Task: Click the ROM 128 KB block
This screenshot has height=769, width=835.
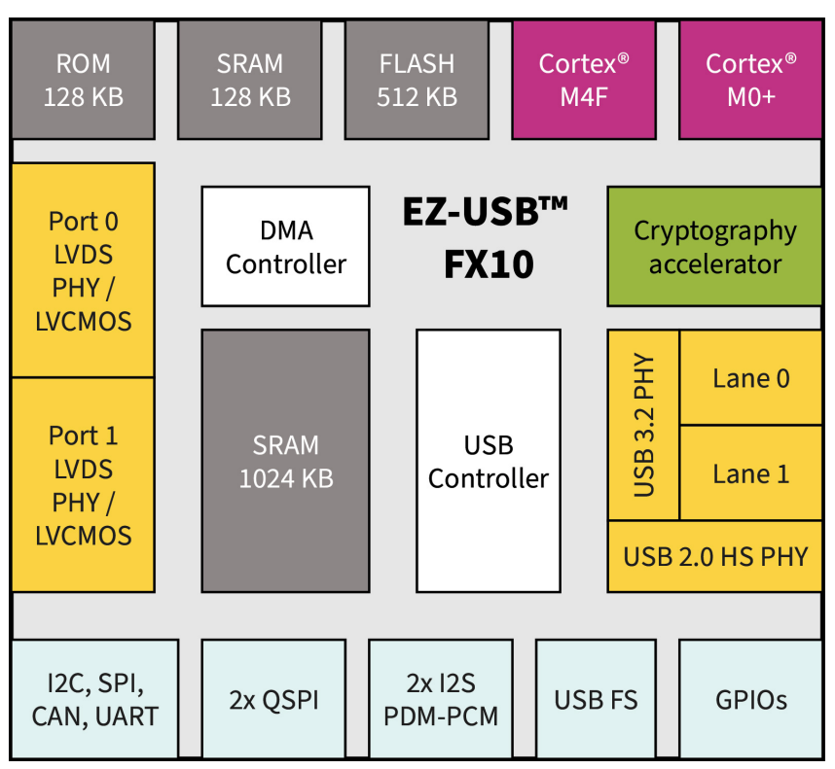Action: tap(83, 80)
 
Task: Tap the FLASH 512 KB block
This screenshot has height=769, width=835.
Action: tap(417, 80)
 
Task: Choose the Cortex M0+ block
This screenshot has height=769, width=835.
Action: tap(750, 80)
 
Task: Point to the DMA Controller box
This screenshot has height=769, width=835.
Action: tap(285, 247)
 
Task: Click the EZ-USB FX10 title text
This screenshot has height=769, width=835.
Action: tap(488, 238)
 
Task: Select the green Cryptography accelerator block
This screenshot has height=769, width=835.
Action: tap(714, 247)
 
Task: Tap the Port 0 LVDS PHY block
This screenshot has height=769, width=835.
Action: tap(83, 270)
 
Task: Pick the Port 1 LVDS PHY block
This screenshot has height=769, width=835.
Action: tap(83, 484)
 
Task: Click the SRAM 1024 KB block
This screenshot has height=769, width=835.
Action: tap(285, 461)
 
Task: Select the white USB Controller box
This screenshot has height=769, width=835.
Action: tap(488, 461)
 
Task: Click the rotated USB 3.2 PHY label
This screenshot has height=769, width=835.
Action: tap(643, 426)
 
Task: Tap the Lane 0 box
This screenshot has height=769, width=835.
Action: tap(750, 378)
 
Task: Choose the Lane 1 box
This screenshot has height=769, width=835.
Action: tap(750, 473)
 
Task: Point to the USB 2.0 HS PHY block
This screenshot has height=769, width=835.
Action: tap(714, 556)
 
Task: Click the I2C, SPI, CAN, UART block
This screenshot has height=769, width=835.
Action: tap(94, 699)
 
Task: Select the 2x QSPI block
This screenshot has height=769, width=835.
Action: tap(273, 699)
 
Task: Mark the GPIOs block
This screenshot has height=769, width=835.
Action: tap(750, 699)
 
